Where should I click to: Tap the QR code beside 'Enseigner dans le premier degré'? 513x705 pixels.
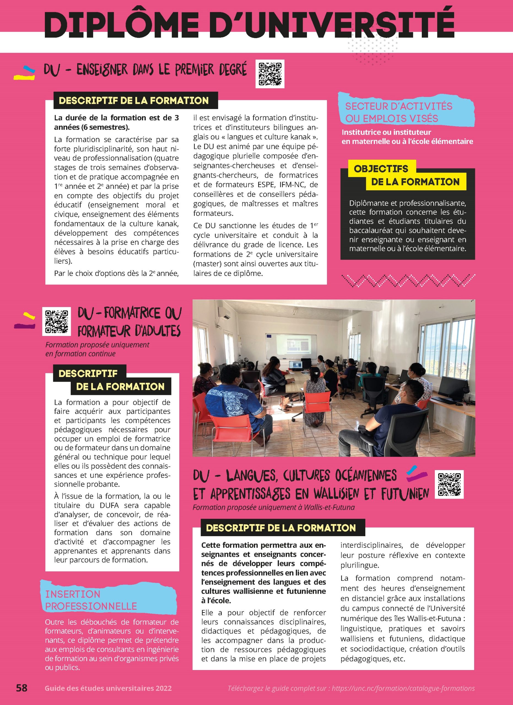click(270, 74)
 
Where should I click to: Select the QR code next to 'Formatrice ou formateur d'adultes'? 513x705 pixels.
click(56, 321)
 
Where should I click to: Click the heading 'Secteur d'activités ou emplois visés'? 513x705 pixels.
click(399, 112)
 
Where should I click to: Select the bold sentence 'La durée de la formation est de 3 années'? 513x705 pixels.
click(116, 122)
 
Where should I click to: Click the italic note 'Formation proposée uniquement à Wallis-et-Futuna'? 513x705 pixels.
click(274, 507)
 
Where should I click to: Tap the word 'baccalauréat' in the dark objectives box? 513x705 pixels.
click(373, 230)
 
